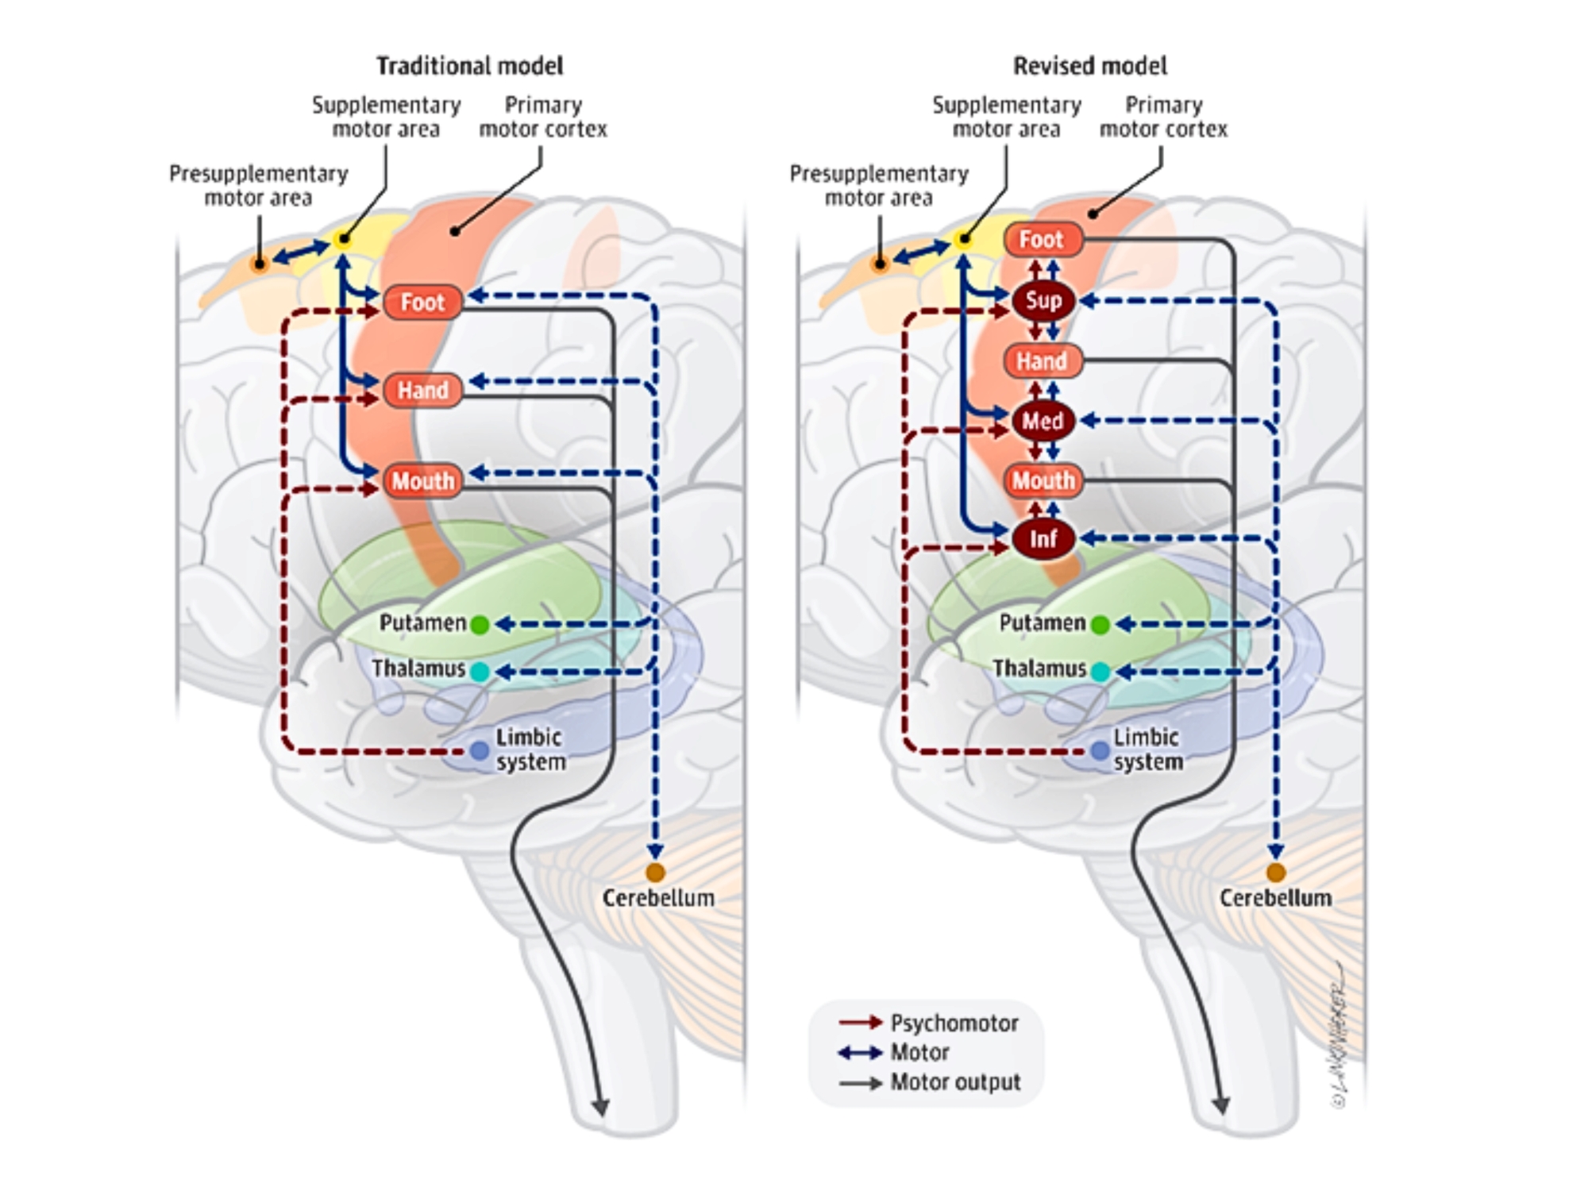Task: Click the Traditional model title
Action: (x=469, y=66)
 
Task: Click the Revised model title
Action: (x=1089, y=66)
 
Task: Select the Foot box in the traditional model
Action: (x=422, y=303)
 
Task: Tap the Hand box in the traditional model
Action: (x=422, y=390)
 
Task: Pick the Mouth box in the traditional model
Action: (x=422, y=480)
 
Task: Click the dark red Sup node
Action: (x=1043, y=300)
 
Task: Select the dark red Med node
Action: (x=1043, y=421)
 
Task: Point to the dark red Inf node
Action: (x=1043, y=538)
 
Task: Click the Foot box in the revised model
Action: (x=1042, y=239)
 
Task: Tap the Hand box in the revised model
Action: (x=1042, y=361)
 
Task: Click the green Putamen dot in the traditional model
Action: (x=480, y=625)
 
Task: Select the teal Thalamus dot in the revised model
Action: (x=1100, y=672)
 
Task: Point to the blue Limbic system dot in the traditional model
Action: (x=479, y=750)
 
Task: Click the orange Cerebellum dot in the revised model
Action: (x=1275, y=873)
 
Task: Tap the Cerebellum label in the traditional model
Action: (x=658, y=898)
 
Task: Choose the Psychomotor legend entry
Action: (x=953, y=1023)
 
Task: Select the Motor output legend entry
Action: (x=954, y=1081)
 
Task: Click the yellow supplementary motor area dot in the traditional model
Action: (x=343, y=238)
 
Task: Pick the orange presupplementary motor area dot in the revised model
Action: (x=879, y=264)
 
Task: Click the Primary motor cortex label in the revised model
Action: (x=1163, y=117)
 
